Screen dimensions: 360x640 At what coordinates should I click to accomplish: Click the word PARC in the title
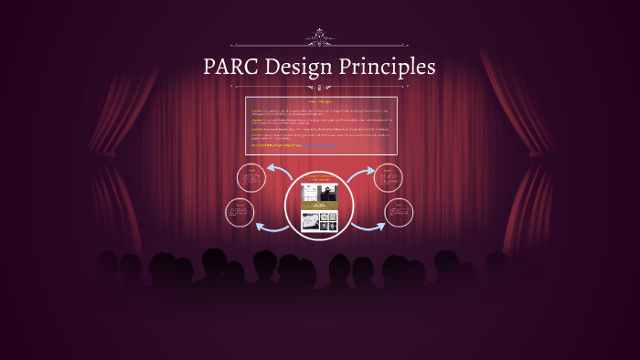click(x=235, y=68)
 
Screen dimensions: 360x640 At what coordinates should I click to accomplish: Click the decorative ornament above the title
click(x=319, y=37)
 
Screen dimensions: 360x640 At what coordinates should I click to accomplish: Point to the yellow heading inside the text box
click(x=321, y=101)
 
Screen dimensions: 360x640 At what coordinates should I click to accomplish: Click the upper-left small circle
click(x=251, y=178)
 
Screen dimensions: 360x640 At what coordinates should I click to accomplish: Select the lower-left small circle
click(x=240, y=212)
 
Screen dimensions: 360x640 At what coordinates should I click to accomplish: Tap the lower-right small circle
click(x=400, y=213)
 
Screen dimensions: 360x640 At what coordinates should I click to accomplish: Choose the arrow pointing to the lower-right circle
click(x=368, y=226)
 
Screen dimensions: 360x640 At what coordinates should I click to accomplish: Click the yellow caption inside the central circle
click(x=319, y=177)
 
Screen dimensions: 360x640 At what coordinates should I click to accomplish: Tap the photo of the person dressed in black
click(x=328, y=193)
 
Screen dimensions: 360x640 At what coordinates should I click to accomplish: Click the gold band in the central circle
click(x=319, y=207)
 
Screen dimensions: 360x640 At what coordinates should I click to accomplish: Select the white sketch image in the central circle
click(x=309, y=221)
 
